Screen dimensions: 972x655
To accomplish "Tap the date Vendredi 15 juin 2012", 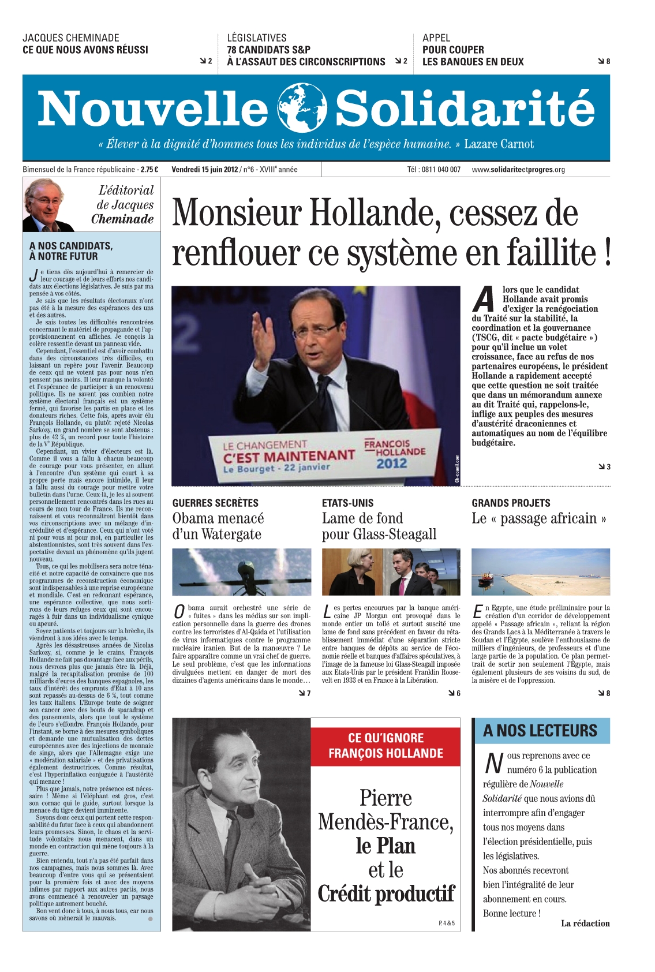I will pyautogui.click(x=204, y=170).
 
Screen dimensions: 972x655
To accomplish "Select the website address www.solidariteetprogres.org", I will pyautogui.click(x=518, y=170).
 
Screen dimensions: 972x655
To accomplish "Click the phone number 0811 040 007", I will pyautogui.click(x=441, y=170).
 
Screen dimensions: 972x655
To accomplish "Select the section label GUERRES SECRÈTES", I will pyautogui.click(x=215, y=503).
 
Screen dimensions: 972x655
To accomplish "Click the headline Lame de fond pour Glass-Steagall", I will pyautogui.click(x=379, y=526).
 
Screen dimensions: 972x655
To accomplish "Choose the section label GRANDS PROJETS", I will pyautogui.click(x=511, y=503).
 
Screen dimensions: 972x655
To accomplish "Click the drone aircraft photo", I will pyautogui.click(x=241, y=572).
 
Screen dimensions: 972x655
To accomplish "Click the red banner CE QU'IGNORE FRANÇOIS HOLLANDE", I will pyautogui.click(x=385, y=745).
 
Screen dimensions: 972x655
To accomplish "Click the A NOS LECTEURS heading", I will pyautogui.click(x=540, y=731).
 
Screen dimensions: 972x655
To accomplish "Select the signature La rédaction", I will pyautogui.click(x=585, y=923).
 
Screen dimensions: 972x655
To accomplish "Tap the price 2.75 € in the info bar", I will pyautogui.click(x=149, y=170).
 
